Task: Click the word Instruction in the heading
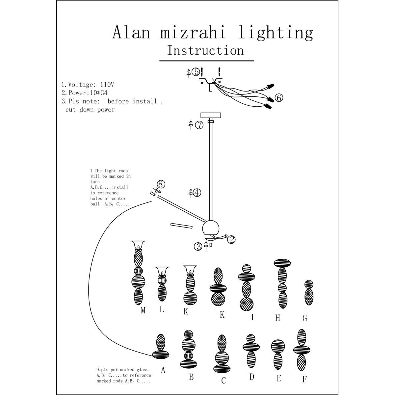click(x=206, y=50)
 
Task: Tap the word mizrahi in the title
click(x=193, y=32)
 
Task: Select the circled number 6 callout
click(x=279, y=98)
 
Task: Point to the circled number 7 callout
click(x=199, y=125)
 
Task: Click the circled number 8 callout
click(x=161, y=184)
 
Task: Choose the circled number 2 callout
click(x=231, y=240)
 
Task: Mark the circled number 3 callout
click(x=198, y=247)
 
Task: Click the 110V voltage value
click(x=107, y=85)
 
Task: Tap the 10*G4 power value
click(x=99, y=93)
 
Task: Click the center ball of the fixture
click(x=211, y=228)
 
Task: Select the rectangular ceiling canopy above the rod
click(x=211, y=115)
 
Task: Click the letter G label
click(x=305, y=318)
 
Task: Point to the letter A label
click(x=163, y=370)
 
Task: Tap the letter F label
click(x=304, y=380)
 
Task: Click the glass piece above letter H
click(x=282, y=284)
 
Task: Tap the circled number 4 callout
click(x=197, y=193)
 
